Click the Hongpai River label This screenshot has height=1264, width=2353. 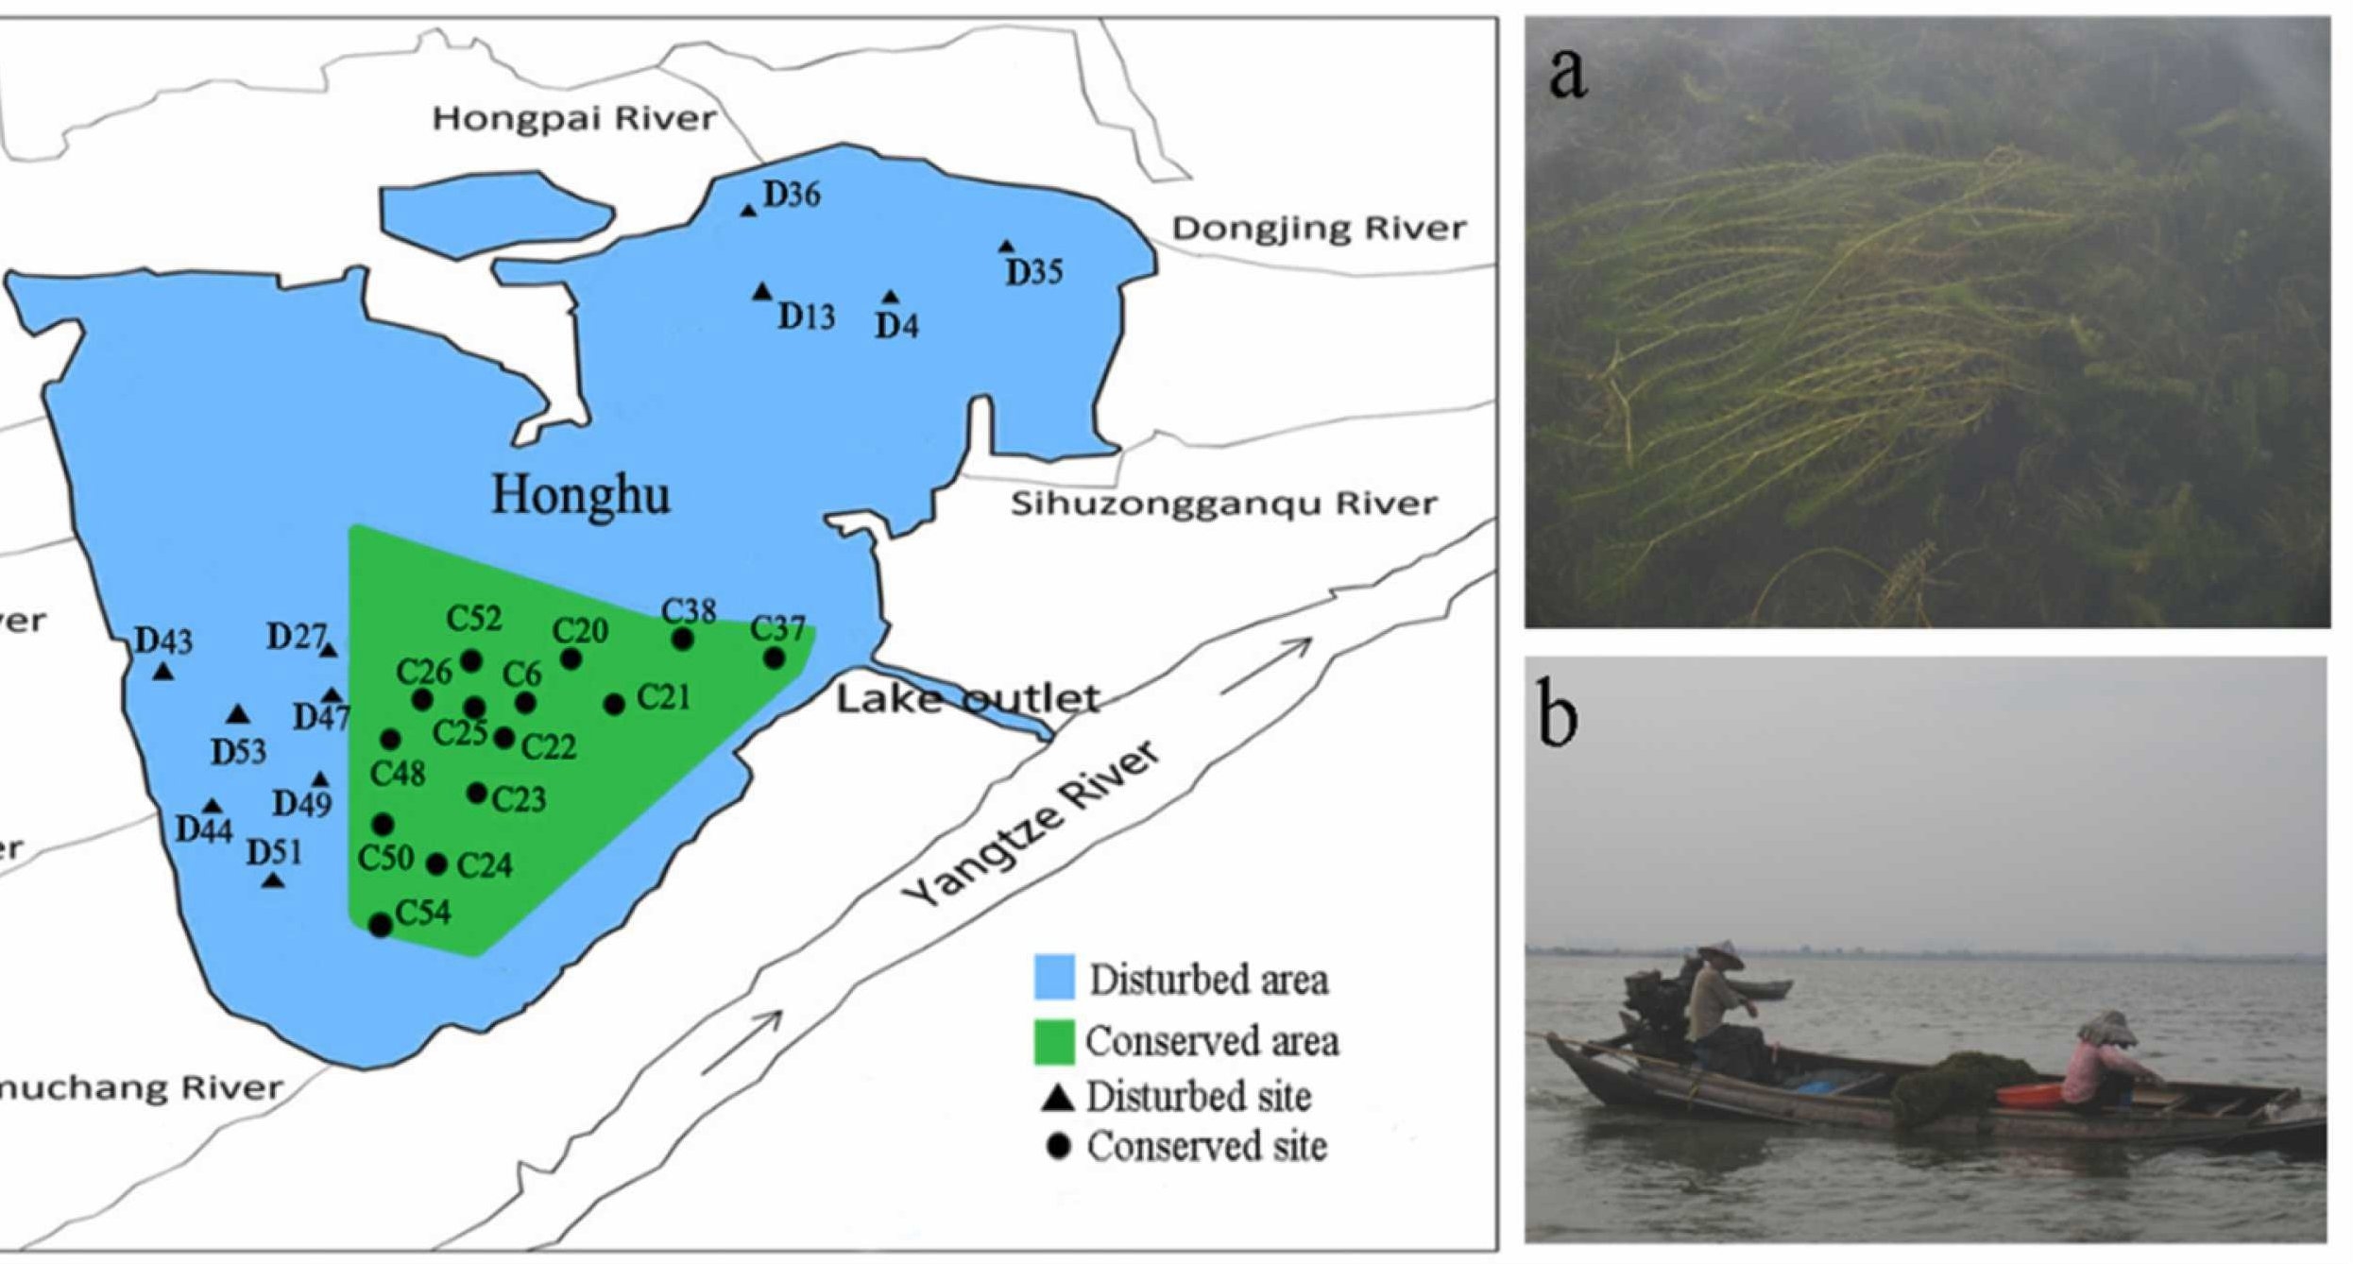tap(574, 119)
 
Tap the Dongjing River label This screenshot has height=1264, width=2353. tap(1319, 229)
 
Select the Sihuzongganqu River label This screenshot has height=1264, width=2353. tap(1223, 504)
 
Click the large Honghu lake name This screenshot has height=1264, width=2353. tap(581, 495)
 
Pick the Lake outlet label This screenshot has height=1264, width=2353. tap(967, 699)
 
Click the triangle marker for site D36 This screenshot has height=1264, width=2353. tap(748, 210)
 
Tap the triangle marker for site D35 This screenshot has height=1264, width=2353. tap(1007, 247)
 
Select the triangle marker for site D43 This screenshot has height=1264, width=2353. tap(163, 672)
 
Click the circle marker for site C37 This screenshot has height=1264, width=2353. tap(775, 658)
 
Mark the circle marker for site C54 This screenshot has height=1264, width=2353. tap(381, 925)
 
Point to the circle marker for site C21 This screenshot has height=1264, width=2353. tap(614, 704)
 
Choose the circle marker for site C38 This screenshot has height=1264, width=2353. tap(683, 640)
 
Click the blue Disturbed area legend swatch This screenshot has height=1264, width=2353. tap(1054, 978)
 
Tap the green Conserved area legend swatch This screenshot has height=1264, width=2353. tap(1054, 1041)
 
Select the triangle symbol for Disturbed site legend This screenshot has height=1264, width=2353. tap(1058, 1098)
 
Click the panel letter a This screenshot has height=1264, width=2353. tap(1568, 73)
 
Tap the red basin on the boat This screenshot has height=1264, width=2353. tap(2027, 1096)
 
